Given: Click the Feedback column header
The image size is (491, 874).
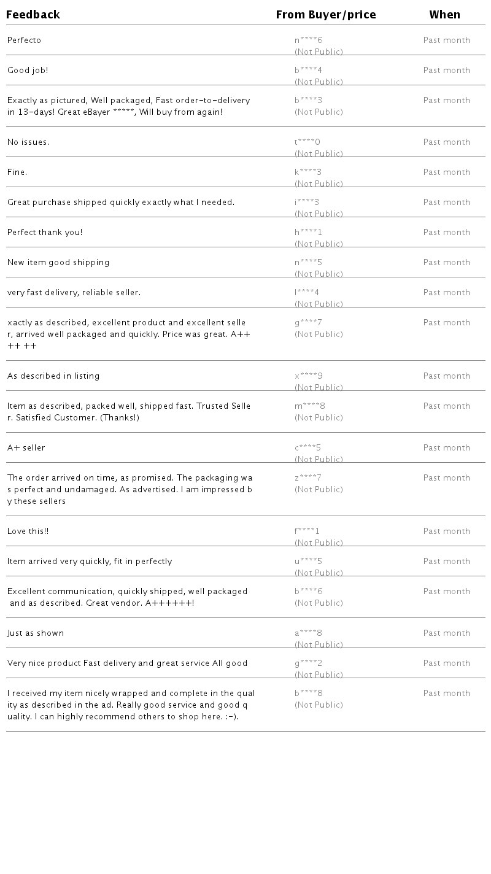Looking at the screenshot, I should click(x=33, y=15).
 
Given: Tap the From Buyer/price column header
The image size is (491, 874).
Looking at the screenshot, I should click(x=326, y=15).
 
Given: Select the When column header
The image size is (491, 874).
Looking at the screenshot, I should click(x=444, y=15).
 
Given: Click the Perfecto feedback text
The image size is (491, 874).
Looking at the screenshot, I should click(x=24, y=41).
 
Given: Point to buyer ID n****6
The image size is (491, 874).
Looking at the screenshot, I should click(x=308, y=41).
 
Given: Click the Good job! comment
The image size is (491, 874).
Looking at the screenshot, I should click(x=28, y=71).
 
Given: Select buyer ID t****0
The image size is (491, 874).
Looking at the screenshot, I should click(x=307, y=142).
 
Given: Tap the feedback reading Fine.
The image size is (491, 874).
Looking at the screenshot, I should click(x=17, y=172).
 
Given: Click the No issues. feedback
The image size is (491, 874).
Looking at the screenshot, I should click(x=28, y=142).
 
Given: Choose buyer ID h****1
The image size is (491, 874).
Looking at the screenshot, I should click(x=308, y=233).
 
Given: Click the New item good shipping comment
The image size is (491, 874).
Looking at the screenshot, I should click(x=58, y=263).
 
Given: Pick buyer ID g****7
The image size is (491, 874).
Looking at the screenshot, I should click(x=308, y=323).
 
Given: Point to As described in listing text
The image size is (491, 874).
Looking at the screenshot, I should click(x=53, y=376).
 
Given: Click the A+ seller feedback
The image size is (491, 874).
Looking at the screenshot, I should click(x=26, y=448).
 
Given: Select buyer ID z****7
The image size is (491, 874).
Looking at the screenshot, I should click(x=307, y=478).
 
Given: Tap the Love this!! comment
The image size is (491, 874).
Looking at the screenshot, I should click(x=28, y=532).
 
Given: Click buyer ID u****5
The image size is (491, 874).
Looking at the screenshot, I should click(x=308, y=562).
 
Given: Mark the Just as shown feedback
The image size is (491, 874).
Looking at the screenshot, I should click(x=36, y=633).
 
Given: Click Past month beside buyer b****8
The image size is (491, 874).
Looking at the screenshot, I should click(x=446, y=694).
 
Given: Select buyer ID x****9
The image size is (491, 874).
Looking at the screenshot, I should click(x=308, y=376).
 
